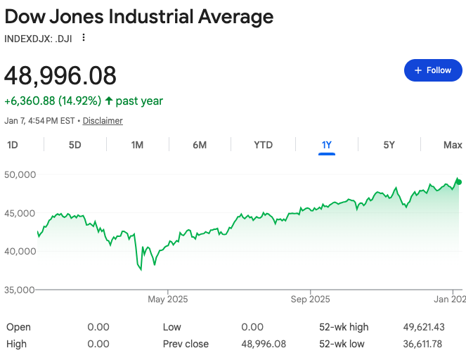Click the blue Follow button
[x=433, y=70]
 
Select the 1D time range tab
[x=13, y=145]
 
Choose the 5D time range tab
[x=75, y=145]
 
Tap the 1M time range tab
[x=137, y=145]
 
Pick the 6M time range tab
[x=200, y=145]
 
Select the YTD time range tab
[x=263, y=145]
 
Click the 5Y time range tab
[x=389, y=145]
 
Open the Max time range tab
[x=453, y=145]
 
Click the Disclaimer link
[x=103, y=121]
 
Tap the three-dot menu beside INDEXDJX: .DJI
[x=84, y=37]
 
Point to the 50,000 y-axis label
[x=20, y=174]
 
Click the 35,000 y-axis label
[x=20, y=289]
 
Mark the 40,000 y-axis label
[x=20, y=251]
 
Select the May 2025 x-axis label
[x=168, y=300]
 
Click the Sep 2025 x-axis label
[x=310, y=300]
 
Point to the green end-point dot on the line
[x=459, y=182]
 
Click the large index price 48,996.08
[x=60, y=75]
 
